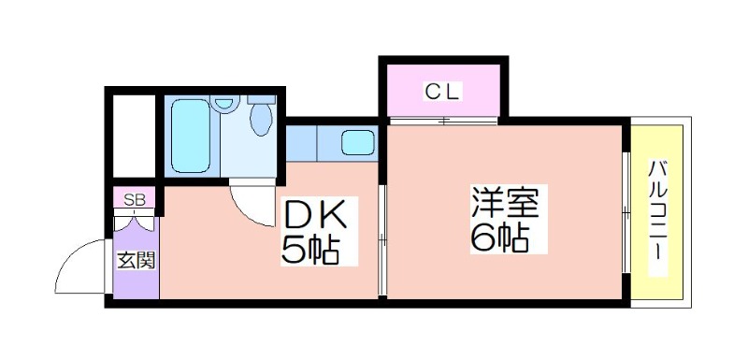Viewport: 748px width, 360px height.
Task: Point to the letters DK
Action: tap(315, 216)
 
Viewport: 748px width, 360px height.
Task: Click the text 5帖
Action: tap(309, 250)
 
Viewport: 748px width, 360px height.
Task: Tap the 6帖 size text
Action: tap(500, 238)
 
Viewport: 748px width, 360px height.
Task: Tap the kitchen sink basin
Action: tap(356, 144)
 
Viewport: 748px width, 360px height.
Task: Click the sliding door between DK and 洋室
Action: tap(382, 241)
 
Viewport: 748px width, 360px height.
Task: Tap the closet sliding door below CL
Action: tap(444, 121)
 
